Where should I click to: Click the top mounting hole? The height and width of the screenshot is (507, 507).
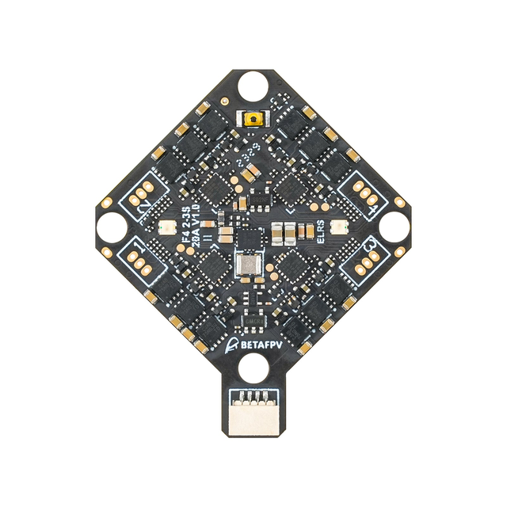[253, 82]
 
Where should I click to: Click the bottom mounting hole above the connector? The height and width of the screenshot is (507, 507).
[253, 365]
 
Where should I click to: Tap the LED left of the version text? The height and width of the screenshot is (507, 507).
[166, 228]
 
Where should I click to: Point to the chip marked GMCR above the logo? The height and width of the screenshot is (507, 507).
[253, 320]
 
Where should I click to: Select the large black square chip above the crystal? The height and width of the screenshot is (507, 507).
[250, 238]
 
